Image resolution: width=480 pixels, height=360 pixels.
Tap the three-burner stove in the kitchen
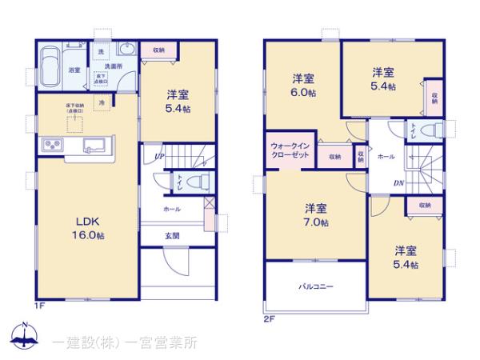click(x=54, y=145)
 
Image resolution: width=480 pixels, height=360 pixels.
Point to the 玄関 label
click(x=172, y=235)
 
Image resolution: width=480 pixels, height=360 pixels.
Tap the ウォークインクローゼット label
click(x=286, y=150)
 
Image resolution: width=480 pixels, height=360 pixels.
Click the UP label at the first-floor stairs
click(x=159, y=157)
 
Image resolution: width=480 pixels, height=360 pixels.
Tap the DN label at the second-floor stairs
click(x=398, y=182)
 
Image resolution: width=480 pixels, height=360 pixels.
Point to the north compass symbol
click(x=25, y=337)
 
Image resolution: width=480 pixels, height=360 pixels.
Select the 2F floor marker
click(x=270, y=318)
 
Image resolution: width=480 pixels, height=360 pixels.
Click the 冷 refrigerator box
click(x=102, y=102)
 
